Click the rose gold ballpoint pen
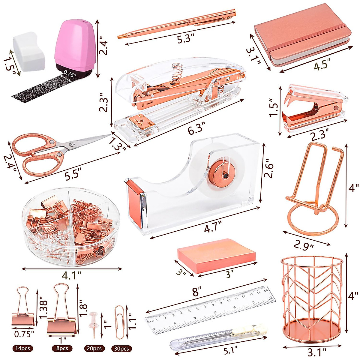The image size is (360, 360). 177,24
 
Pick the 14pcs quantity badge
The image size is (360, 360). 22,348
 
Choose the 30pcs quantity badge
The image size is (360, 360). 121,349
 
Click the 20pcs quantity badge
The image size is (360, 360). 94,349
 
